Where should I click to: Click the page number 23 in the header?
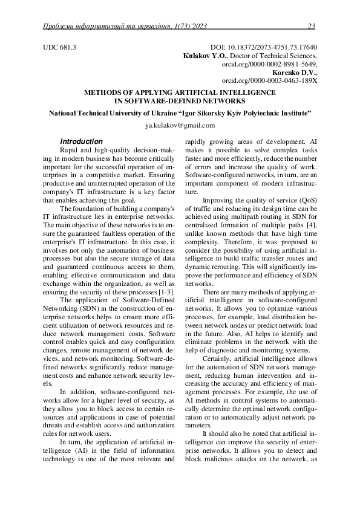tap(312, 26)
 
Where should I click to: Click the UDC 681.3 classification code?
tap(59, 47)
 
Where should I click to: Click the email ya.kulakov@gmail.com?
tap(180, 126)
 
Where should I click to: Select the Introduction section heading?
tap(85, 141)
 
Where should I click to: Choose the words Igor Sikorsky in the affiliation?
tap(201, 113)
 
